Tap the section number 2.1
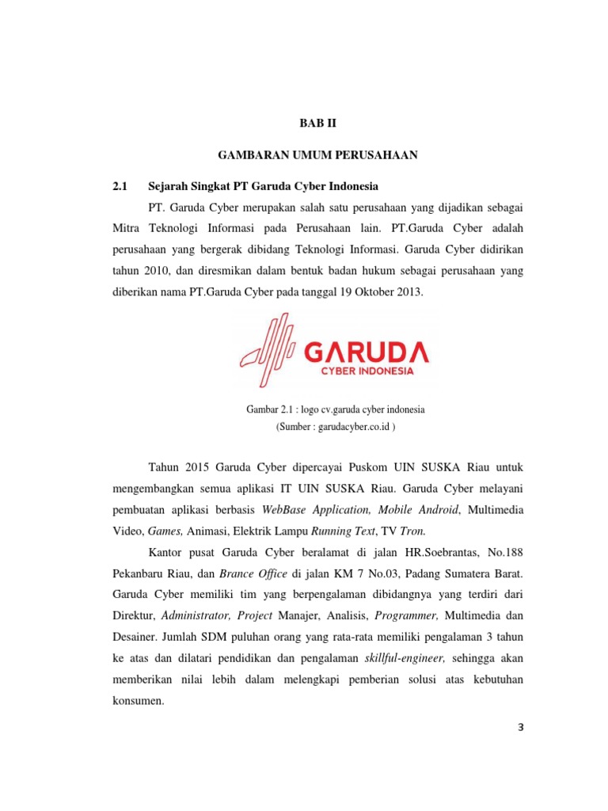pyautogui.click(x=120, y=186)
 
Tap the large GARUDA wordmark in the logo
pyautogui.click(x=366, y=351)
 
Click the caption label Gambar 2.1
pyautogui.click(x=271, y=409)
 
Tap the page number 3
pyautogui.click(x=499, y=729)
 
